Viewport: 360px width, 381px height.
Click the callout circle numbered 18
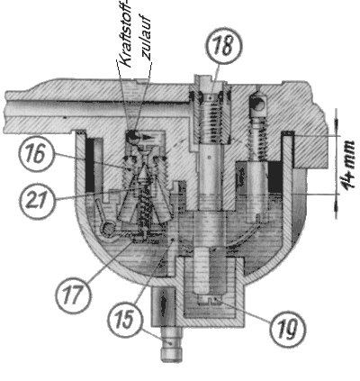223,45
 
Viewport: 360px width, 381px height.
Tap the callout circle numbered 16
36,153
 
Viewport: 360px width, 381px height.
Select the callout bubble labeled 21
38,200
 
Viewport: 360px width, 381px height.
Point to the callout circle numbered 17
73,295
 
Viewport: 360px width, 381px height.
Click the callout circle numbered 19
287,327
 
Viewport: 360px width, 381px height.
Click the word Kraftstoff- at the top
125,33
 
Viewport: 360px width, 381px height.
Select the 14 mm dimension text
350,165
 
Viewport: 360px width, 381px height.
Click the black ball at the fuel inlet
131,137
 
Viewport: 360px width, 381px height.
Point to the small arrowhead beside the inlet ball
147,138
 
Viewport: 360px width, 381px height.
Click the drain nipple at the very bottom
171,344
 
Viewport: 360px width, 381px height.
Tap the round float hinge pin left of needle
109,229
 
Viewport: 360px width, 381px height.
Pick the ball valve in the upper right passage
257,104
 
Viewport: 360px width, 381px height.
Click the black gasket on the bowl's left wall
90,165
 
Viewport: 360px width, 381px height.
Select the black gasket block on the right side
274,177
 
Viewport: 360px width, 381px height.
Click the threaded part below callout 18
211,119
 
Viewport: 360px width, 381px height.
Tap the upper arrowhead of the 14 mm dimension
336,125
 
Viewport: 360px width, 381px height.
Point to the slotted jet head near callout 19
210,299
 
